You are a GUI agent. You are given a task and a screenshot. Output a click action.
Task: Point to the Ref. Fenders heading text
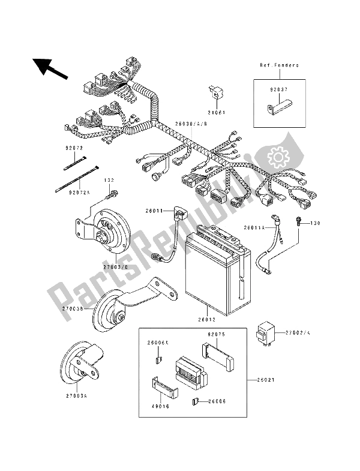[280, 65]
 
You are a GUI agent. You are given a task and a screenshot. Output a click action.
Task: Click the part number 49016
[161, 406]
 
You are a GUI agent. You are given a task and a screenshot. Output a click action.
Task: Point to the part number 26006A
[159, 343]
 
